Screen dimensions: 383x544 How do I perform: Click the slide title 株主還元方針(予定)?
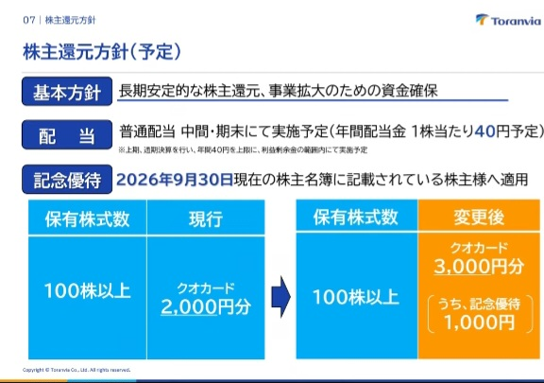[102, 47]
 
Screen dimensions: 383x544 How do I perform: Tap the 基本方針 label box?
[65, 93]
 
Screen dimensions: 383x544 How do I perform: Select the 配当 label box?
[65, 135]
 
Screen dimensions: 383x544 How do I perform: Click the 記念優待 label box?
[65, 179]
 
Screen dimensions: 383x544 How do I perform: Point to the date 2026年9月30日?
[174, 179]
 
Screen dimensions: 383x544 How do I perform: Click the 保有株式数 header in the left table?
[87, 219]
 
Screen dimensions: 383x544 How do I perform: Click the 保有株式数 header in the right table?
[355, 218]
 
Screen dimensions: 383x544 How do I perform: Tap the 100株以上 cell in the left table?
[87, 291]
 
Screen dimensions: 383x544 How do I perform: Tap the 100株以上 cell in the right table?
[355, 296]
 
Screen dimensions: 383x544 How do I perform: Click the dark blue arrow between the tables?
[279, 294]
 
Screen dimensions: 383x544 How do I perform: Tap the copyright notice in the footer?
[76, 370]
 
